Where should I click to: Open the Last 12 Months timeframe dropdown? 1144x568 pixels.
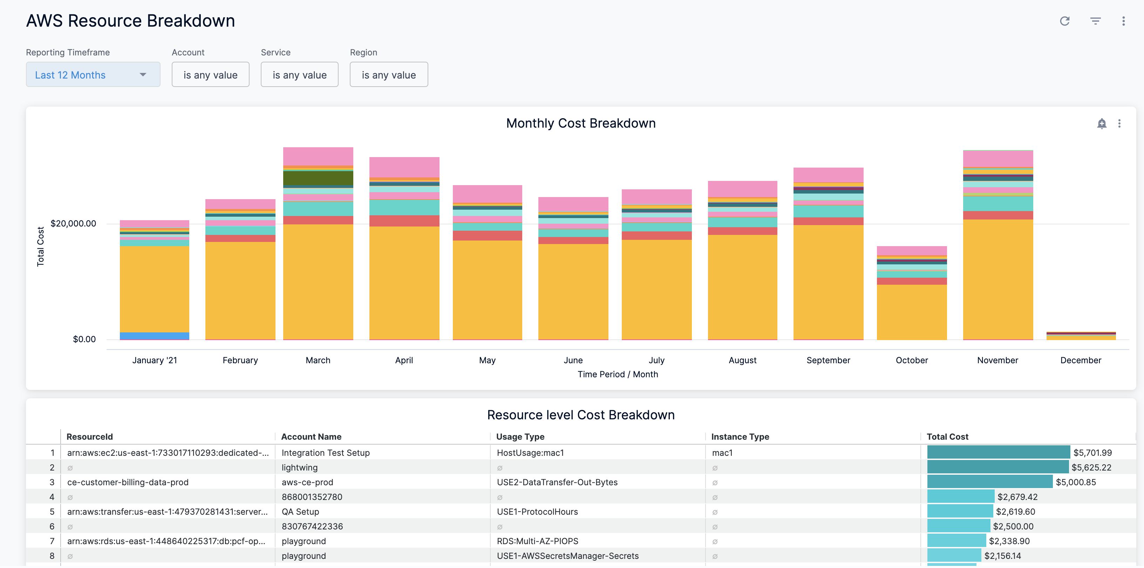(93, 75)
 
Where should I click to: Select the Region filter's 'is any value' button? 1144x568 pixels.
(389, 75)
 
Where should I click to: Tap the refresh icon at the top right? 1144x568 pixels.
(1064, 21)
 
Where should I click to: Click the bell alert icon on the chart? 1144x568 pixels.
(1101, 123)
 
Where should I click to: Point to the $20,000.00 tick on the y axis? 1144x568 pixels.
(73, 223)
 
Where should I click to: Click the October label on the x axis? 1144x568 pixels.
(911, 360)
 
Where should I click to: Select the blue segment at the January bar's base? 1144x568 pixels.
(154, 336)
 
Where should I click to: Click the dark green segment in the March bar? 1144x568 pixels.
(318, 178)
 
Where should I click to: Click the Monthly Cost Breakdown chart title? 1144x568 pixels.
(580, 123)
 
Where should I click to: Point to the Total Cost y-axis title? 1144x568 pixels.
(40, 246)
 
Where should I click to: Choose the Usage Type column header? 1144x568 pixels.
(520, 437)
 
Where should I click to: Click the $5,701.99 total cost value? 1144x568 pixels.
(1092, 453)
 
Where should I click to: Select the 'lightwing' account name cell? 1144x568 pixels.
(299, 467)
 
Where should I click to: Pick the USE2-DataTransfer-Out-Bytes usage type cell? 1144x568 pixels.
(557, 482)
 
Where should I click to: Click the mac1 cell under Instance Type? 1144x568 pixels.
(722, 453)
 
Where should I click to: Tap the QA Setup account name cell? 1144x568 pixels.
(300, 512)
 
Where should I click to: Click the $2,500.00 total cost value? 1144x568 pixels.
(1013, 526)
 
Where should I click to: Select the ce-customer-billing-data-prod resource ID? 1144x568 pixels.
(128, 482)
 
